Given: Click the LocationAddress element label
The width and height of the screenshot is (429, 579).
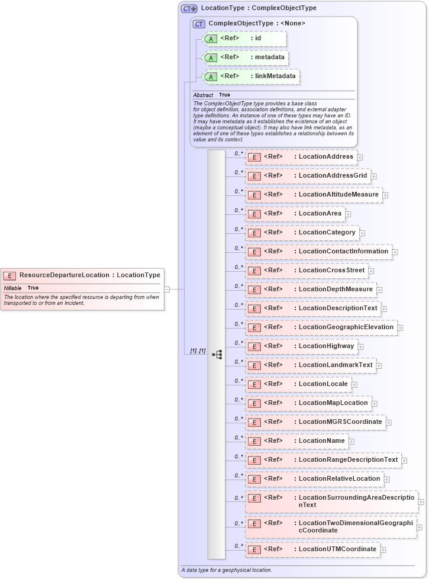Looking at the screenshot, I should (x=326, y=157).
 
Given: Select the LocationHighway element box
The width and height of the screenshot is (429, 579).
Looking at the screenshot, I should (x=302, y=346).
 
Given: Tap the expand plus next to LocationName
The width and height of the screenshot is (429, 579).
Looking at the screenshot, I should (x=351, y=441).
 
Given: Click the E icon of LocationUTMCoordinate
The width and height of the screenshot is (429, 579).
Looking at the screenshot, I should (x=253, y=550).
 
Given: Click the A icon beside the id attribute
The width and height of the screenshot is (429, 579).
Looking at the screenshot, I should (x=211, y=38).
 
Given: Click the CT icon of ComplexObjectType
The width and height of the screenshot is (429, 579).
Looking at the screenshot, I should (x=199, y=24).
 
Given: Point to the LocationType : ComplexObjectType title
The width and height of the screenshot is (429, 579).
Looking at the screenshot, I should (x=259, y=8).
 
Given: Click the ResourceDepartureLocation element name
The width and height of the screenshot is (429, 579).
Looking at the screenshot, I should (x=64, y=275).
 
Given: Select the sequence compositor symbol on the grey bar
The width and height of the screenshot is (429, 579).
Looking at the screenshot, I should (x=217, y=355).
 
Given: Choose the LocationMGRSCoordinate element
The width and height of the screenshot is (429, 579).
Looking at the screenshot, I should (x=340, y=422).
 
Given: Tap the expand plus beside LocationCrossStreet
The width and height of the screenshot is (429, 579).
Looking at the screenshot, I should (x=371, y=271).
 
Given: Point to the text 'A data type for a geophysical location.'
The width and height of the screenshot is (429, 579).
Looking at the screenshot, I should (x=227, y=570).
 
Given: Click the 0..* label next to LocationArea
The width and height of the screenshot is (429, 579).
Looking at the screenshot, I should (x=238, y=210).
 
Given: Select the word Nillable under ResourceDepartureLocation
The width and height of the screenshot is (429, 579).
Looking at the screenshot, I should (x=12, y=288).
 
